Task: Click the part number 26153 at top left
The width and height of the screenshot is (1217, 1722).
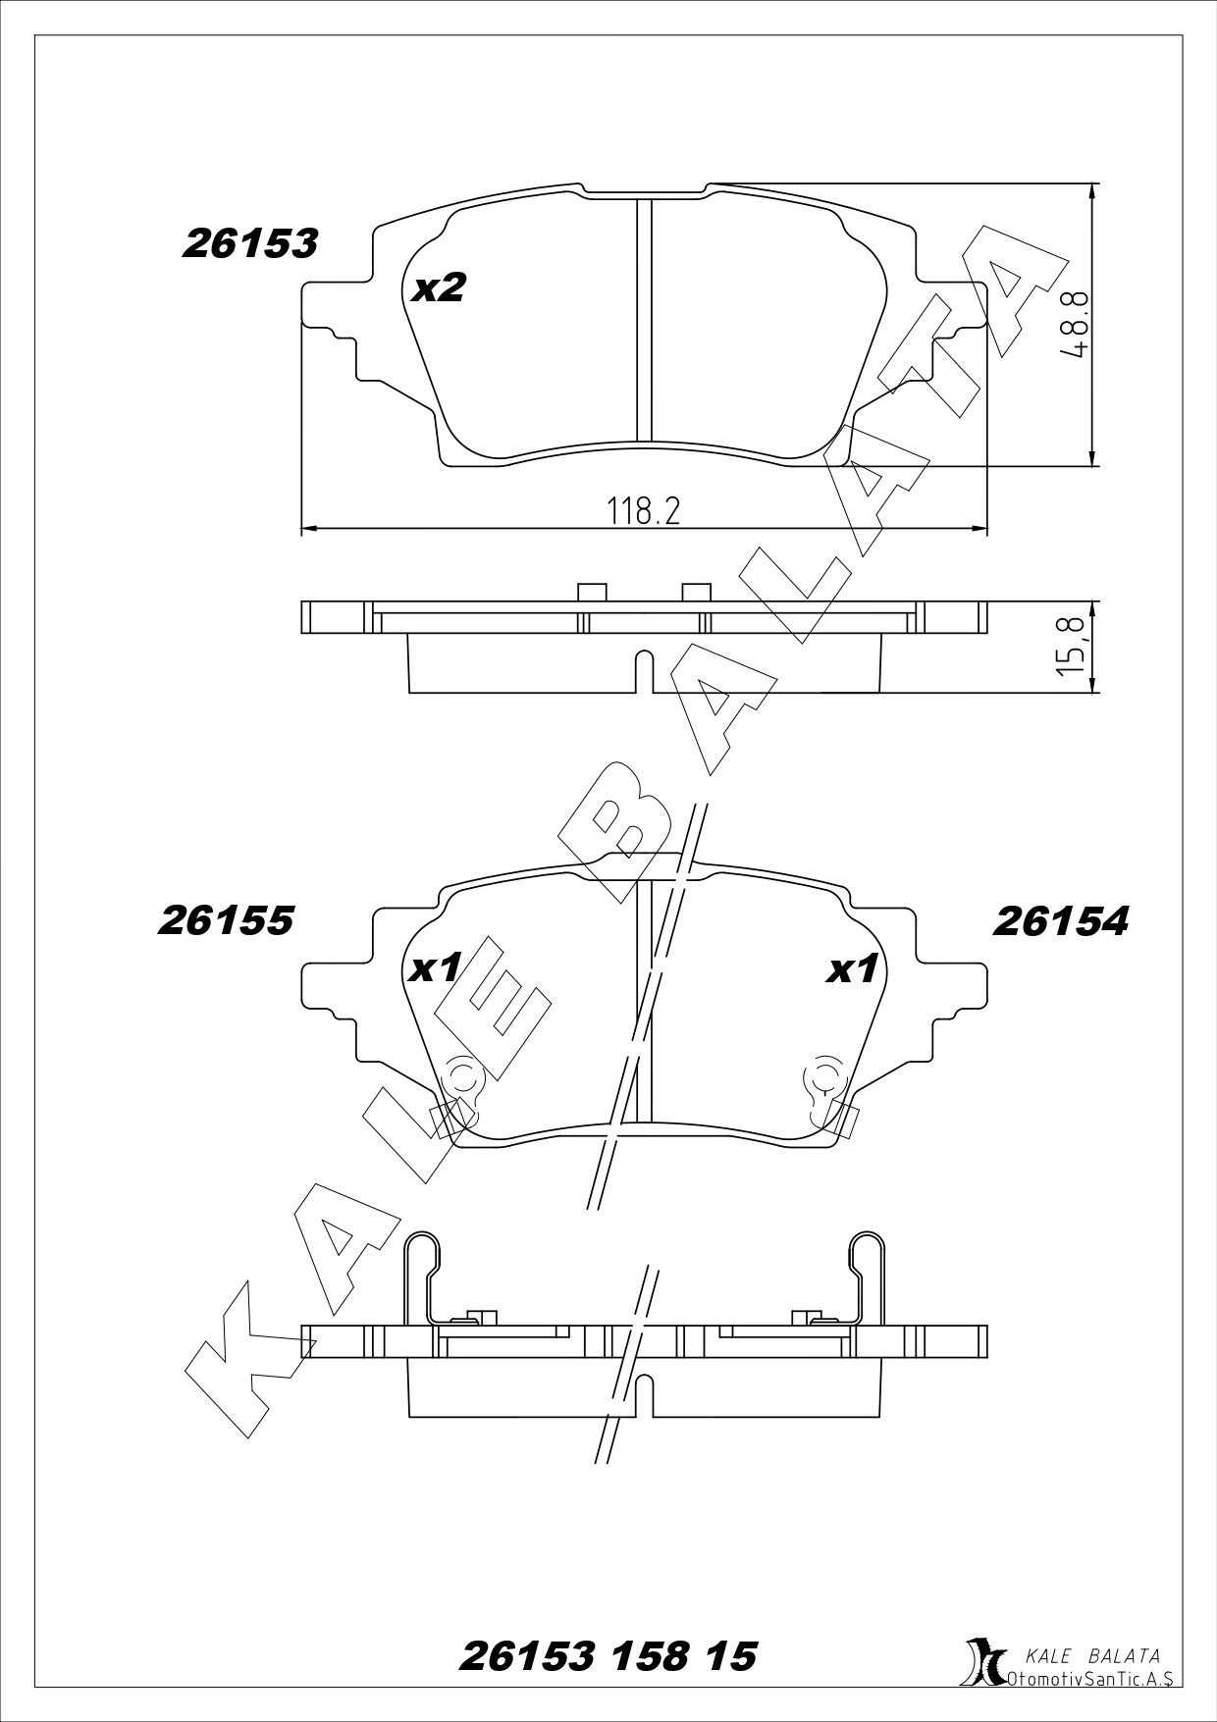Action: pyautogui.click(x=249, y=244)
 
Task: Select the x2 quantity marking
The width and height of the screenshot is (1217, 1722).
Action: pyautogui.click(x=438, y=287)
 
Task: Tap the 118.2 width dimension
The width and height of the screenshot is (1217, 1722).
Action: pyautogui.click(x=643, y=510)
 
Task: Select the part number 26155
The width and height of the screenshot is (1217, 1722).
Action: pyautogui.click(x=226, y=920)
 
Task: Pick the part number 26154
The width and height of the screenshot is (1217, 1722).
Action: pyautogui.click(x=1061, y=920)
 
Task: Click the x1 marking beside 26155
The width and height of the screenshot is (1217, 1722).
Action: pyautogui.click(x=436, y=969)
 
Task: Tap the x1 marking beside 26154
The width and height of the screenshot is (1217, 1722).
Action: pyautogui.click(x=852, y=969)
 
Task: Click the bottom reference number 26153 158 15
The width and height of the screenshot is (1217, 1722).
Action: pyautogui.click(x=608, y=1657)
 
